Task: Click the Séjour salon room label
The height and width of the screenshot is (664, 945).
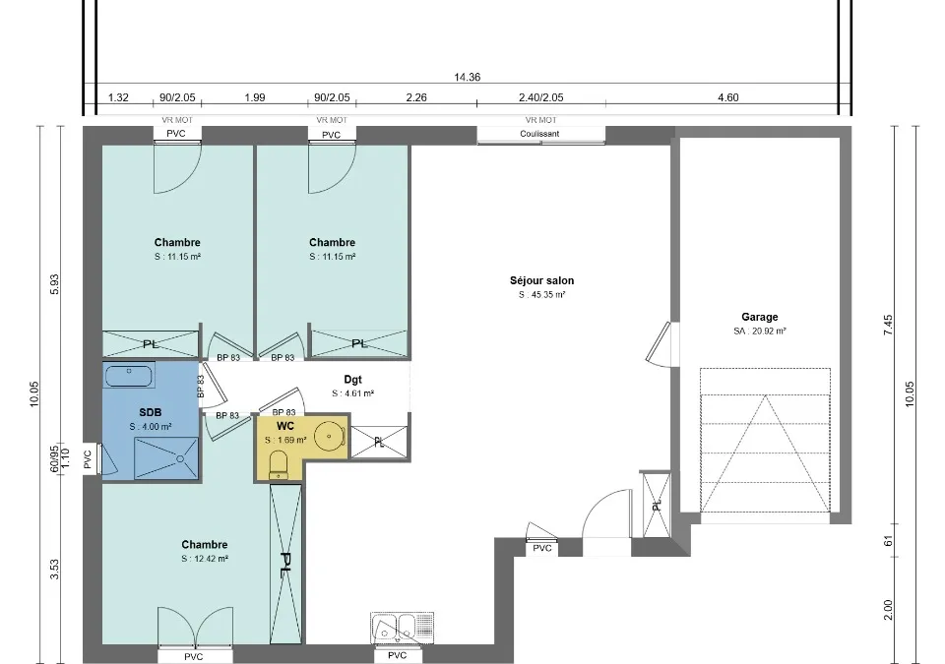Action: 541,280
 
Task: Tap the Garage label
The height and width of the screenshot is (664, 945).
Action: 759,317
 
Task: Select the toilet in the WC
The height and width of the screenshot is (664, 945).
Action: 279,465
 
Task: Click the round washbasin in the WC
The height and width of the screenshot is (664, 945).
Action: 329,435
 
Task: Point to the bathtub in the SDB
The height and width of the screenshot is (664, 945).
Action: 129,375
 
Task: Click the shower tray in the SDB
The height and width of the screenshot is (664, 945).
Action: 166,458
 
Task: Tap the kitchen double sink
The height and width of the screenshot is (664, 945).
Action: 402,628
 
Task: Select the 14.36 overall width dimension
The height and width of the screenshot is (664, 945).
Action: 467,77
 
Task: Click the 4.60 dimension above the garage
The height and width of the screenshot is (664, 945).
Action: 728,97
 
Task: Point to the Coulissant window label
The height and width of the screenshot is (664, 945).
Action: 539,134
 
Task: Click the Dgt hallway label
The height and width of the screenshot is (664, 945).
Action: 352,380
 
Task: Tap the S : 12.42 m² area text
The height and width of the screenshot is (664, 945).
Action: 205,559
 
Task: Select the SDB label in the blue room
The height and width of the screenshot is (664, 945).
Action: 150,413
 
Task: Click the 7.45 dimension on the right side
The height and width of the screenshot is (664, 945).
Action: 888,325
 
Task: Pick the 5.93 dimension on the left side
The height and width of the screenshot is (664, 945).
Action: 55,284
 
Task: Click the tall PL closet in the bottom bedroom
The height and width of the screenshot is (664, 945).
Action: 285,565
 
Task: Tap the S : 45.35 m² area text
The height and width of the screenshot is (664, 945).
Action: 541,295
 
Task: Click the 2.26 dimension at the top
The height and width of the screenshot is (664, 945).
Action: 416,97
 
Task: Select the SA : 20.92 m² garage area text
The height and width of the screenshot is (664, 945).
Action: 759,331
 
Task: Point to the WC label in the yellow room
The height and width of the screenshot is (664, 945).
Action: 285,426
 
